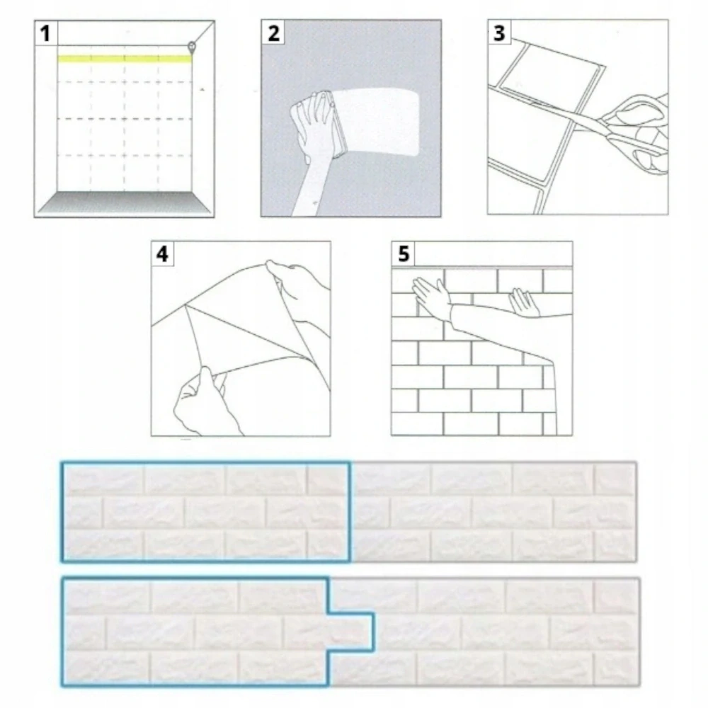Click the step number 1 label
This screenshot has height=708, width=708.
45,33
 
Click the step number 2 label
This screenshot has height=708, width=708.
273,33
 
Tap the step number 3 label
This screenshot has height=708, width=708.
499,33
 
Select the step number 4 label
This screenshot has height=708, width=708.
162,253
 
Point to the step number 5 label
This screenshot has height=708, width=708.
403,253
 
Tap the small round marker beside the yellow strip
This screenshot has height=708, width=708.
192,47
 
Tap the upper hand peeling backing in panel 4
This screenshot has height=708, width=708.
297,280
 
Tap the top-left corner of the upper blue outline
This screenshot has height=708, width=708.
62,463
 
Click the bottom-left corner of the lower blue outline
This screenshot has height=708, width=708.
62,685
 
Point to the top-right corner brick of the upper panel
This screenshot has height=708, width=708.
615,479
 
